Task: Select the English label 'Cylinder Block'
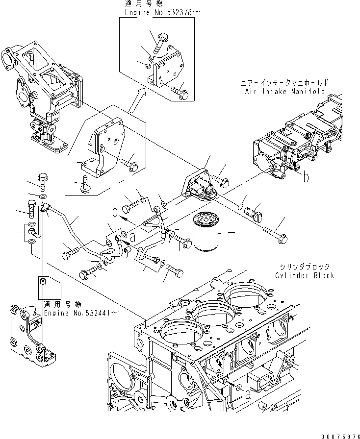[x=304, y=275]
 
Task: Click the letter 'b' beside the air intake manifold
[x=306, y=178]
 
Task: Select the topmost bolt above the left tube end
[x=42, y=181]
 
